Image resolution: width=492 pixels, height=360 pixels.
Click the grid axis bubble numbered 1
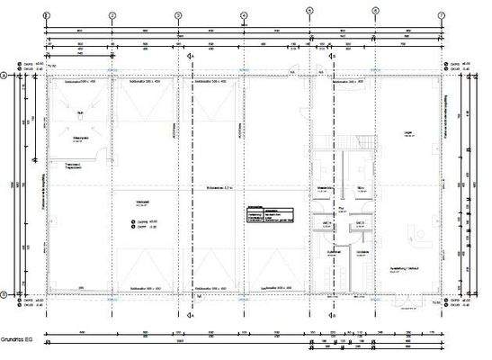point(45,15)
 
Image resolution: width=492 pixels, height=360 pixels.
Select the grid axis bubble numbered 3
point(177,15)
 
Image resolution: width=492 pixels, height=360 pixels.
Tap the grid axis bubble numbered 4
point(243,15)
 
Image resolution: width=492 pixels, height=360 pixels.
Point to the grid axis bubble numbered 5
point(309,15)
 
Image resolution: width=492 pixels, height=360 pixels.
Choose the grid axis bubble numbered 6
point(375,15)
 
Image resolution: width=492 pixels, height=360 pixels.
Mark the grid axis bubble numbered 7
point(442,15)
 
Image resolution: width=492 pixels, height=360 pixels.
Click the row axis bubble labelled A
point(5,76)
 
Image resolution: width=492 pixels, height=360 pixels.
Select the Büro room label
point(359,187)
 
